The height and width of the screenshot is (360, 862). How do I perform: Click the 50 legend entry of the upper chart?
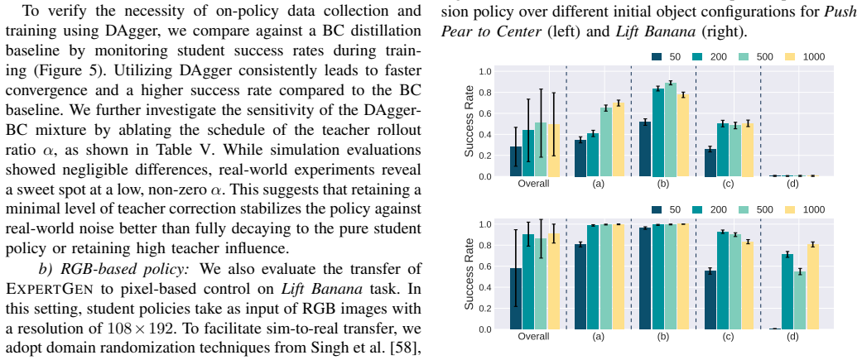[x=666, y=56]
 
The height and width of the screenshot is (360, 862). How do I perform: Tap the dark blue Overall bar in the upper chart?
[x=516, y=161]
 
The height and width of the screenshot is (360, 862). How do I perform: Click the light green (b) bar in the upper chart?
[x=670, y=130]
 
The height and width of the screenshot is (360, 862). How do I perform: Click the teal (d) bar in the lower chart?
[x=787, y=292]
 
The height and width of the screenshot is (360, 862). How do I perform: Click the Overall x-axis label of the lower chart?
[x=534, y=336]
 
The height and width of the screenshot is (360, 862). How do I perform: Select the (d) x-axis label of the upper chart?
[x=792, y=183]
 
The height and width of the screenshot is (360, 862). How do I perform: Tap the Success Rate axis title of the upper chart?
[x=469, y=122]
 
